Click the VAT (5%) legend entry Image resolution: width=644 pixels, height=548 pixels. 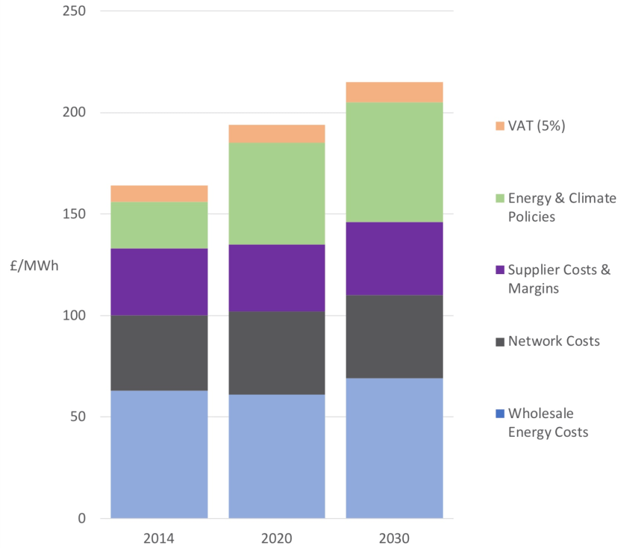tap(537, 125)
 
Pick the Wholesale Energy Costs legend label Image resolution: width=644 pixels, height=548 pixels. tap(548, 423)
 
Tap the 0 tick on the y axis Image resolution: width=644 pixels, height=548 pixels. tap(81, 518)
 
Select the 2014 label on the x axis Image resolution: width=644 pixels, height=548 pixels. tap(159, 538)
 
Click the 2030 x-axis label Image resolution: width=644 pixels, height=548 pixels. tap(394, 538)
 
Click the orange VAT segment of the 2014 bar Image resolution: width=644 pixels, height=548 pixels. tap(159, 193)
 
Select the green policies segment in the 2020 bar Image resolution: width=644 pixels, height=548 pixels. tap(277, 193)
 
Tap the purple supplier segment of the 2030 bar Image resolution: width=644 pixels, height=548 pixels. tap(394, 258)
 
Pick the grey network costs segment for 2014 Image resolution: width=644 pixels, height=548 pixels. tap(159, 352)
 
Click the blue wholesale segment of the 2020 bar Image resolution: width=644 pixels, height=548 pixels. tap(277, 456)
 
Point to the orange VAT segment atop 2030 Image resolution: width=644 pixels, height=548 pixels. tap(394, 92)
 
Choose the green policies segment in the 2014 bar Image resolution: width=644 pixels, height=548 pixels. tap(159, 225)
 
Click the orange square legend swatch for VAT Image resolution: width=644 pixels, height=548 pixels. tap(500, 126)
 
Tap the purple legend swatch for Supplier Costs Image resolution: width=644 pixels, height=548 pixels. tap(500, 270)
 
